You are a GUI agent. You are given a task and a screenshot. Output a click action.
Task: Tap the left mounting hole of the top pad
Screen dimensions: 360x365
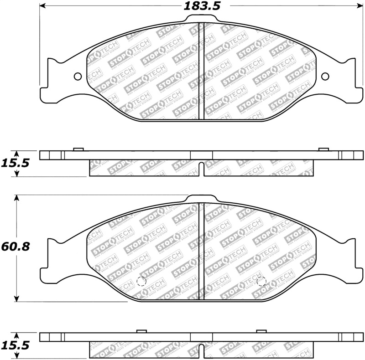pyautogui.click(x=77, y=76)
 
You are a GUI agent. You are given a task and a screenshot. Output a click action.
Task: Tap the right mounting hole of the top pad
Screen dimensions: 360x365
pyautogui.click(x=325, y=76)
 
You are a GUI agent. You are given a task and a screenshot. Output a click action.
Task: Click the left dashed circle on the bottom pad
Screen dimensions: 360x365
pyautogui.click(x=141, y=282)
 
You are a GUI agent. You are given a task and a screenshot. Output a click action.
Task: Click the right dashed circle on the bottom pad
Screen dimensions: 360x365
pyautogui.click(x=261, y=282)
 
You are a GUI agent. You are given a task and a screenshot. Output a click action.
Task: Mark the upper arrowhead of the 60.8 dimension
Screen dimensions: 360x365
pyautogui.click(x=17, y=198)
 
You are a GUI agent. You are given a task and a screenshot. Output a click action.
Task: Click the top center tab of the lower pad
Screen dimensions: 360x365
pyautogui.click(x=201, y=198)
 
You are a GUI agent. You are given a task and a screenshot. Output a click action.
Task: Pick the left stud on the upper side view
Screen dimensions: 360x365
pyautogui.click(x=78, y=149)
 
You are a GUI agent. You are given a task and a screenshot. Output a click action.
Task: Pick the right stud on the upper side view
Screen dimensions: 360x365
pyautogui.click(x=323, y=149)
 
